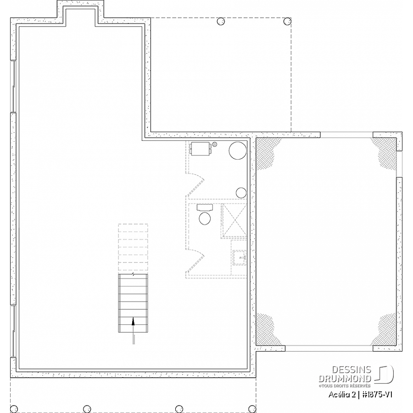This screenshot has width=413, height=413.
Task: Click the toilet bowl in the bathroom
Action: coord(205,218)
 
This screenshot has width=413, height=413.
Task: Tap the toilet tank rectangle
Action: coord(205,207)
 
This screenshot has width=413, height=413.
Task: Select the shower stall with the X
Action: coord(234,220)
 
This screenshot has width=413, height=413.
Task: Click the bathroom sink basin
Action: coord(240,257)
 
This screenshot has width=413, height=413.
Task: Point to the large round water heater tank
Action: coord(238,151)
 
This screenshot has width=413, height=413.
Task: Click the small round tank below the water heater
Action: coord(241,193)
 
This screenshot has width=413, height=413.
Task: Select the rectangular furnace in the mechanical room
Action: coord(201,149)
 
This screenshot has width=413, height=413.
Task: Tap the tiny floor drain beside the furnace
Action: coord(215,144)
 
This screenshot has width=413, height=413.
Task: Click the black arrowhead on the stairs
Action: coord(133,321)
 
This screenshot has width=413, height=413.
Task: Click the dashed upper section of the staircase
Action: coord(133,247)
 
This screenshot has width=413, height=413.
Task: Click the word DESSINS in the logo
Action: coord(352,370)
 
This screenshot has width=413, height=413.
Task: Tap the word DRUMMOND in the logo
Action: coord(345,379)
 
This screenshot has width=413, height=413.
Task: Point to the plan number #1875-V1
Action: coord(377,395)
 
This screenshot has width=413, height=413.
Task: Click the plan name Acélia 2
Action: coord(342,395)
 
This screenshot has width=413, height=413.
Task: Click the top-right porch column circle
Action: coord(287,21)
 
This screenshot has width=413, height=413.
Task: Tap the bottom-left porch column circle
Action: coord(14,409)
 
